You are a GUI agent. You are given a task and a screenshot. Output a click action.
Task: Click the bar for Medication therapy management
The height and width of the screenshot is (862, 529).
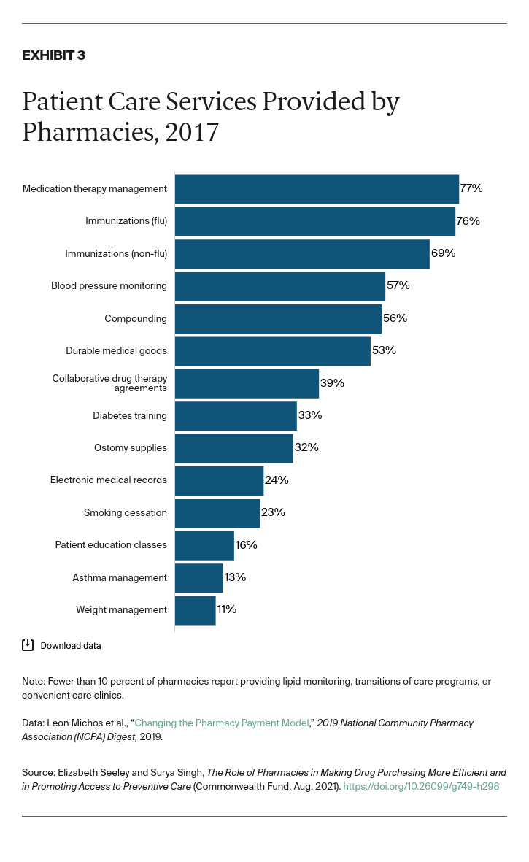point(317,189)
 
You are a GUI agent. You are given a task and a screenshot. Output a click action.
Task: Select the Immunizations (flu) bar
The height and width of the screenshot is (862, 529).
point(314,221)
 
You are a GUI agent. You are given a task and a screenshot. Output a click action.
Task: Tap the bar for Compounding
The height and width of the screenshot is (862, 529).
point(278,318)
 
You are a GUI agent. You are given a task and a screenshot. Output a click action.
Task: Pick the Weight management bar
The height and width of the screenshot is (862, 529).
point(195,609)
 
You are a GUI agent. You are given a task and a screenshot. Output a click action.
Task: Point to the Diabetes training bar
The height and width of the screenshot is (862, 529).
point(236,415)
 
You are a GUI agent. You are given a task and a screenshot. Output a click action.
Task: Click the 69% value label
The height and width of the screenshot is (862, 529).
point(443,253)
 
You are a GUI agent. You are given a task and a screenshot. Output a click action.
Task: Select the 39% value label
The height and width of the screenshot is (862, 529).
point(332,383)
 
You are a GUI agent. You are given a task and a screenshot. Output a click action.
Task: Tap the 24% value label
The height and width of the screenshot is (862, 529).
point(277,480)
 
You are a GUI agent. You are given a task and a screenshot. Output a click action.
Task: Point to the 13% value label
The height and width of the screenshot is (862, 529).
point(235,577)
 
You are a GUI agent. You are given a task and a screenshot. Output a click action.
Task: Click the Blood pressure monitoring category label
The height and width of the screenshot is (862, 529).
point(109,286)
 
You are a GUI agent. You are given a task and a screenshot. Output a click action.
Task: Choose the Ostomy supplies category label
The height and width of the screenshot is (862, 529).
point(131,448)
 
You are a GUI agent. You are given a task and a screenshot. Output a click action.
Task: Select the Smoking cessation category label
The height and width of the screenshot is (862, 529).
point(125,512)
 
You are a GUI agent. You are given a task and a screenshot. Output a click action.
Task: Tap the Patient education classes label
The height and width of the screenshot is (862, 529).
point(111,545)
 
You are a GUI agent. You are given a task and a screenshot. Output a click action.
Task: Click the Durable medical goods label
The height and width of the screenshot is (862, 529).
point(116,351)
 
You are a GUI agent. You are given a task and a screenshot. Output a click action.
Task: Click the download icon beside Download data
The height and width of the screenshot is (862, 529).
point(28,644)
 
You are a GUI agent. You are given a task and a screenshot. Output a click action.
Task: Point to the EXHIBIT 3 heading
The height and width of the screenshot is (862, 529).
point(53,55)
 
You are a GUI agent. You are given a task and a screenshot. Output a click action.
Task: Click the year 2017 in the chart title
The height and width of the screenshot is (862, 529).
point(192,132)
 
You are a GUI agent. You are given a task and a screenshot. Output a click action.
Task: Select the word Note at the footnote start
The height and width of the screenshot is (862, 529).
point(33,682)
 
